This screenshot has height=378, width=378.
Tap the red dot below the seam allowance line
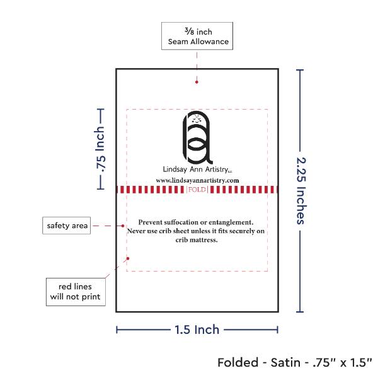point(197,81)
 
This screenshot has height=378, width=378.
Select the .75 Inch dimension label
point(100,149)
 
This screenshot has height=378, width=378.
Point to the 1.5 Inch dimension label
point(197,329)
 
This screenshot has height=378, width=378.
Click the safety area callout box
point(67,226)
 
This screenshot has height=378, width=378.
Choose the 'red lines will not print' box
point(75,292)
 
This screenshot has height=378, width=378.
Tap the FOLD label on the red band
point(197,189)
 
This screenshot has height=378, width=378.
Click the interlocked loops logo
point(197,137)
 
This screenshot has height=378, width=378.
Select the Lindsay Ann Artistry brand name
point(197,169)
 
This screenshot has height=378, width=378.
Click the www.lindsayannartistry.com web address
point(197,180)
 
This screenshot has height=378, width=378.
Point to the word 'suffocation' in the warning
point(182,222)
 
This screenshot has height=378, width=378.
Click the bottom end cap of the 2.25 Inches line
point(301,311)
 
